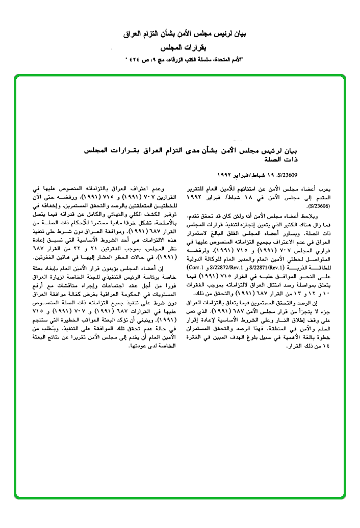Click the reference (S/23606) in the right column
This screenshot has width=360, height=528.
pos(318,207)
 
